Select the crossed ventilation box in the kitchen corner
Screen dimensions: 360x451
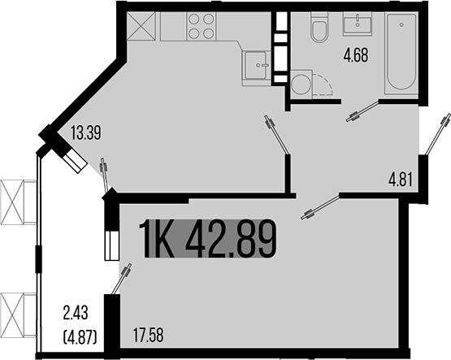coord(143,26)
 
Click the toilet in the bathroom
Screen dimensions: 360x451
coord(319,30)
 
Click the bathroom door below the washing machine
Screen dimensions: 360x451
coord(363,110)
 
